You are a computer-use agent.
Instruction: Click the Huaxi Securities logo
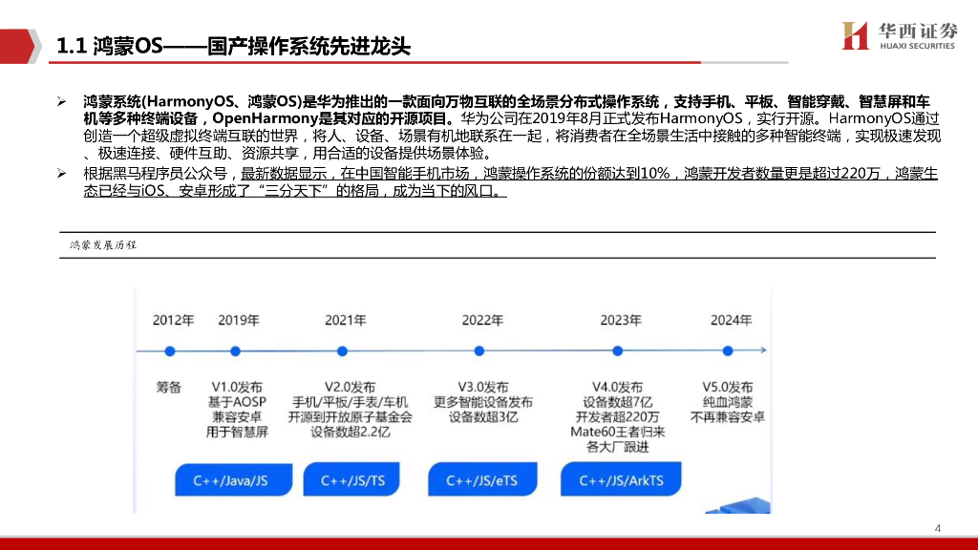(x=898, y=35)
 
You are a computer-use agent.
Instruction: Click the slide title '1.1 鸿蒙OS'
(x=234, y=46)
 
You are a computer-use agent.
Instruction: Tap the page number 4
(x=937, y=528)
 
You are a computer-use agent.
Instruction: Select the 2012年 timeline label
(x=173, y=320)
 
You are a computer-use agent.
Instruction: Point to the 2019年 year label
(x=238, y=320)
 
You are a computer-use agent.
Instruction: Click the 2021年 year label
(x=346, y=320)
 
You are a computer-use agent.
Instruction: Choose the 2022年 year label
(x=482, y=320)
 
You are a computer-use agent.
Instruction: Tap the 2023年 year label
(x=620, y=320)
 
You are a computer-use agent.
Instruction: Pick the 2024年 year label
(x=731, y=320)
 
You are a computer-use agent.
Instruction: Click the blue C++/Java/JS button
(x=230, y=480)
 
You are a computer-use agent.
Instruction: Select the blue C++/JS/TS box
(x=353, y=480)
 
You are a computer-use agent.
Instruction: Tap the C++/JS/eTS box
(x=482, y=480)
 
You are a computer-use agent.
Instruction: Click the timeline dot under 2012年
(x=170, y=351)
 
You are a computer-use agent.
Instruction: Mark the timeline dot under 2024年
(x=728, y=351)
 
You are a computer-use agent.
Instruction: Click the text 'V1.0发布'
(x=238, y=387)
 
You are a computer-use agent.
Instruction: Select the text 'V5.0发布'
(x=728, y=387)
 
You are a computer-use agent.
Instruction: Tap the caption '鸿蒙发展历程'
(x=103, y=245)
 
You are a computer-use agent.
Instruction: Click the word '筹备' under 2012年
(x=169, y=387)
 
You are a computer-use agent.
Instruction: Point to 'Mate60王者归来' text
(x=618, y=433)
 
